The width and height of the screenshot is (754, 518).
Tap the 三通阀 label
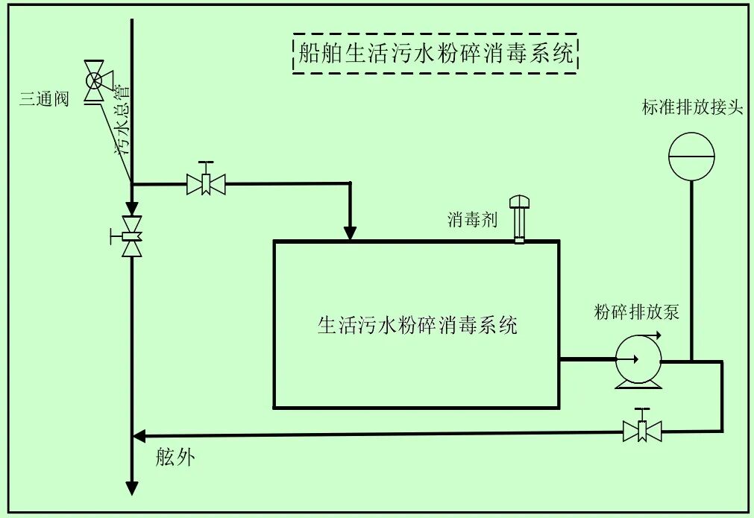pos(44,99)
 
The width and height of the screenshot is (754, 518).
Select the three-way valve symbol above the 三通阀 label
pos(95,80)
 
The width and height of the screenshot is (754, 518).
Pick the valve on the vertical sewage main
pos(132,237)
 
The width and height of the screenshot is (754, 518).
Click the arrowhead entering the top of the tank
pos(351,233)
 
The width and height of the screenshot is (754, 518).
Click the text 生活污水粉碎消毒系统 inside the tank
pos(418,326)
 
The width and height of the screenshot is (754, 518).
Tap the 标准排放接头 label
pos(693,107)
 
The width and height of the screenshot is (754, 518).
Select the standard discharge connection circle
pos(691,156)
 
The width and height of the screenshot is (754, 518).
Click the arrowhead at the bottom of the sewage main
pos(132,487)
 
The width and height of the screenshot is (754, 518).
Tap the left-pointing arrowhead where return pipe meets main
pos(139,435)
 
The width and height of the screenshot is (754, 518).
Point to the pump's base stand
pos(637,384)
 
